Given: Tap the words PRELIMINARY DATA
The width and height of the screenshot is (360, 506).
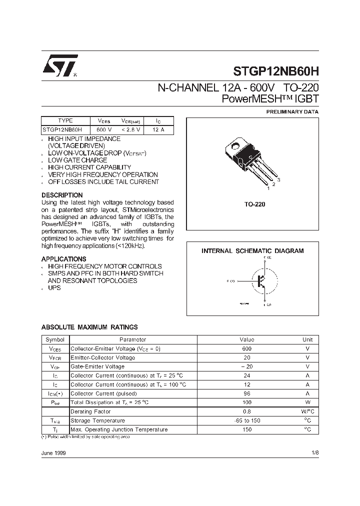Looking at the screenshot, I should pyautogui.click(x=292, y=112).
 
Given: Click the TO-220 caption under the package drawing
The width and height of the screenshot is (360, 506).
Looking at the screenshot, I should pyautogui.click(x=254, y=204).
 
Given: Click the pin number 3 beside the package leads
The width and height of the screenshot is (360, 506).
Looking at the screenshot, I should pyautogui.click(x=278, y=179).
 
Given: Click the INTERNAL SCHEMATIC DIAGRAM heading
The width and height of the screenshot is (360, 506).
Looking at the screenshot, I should pyautogui.click(x=252, y=251).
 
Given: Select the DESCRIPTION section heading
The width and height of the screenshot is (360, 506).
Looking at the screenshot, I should pyautogui.click(x=62, y=195).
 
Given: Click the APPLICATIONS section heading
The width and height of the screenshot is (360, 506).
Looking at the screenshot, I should pyautogui.click(x=63, y=259).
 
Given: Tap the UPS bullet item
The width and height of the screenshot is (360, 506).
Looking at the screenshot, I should pyautogui.click(x=54, y=288).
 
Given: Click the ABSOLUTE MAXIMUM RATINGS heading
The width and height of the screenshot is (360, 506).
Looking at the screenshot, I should pyautogui.click(x=89, y=327).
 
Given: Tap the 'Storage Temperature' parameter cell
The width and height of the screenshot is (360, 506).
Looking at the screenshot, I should pyautogui.click(x=97, y=420).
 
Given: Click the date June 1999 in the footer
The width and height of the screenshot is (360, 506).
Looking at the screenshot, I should pyautogui.click(x=53, y=452).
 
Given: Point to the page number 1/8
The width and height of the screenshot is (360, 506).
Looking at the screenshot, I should pyautogui.click(x=314, y=452).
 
